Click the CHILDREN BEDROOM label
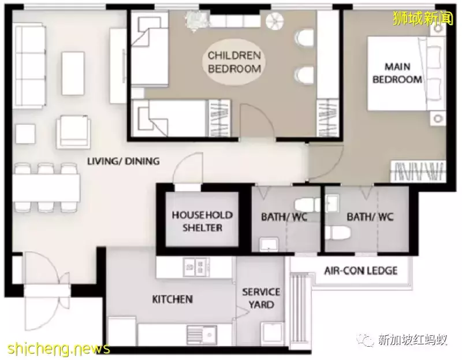(234, 62)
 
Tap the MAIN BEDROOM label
(397, 73)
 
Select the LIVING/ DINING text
(124, 161)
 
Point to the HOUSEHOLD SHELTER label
(202, 221)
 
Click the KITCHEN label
(172, 299)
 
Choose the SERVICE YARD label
(261, 298)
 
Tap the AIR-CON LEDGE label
(360, 270)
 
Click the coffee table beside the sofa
(73, 73)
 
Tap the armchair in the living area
(74, 132)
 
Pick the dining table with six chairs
(46, 188)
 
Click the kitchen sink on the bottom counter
(203, 335)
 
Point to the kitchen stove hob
(196, 267)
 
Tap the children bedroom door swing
(258, 120)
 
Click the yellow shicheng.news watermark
(59, 349)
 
